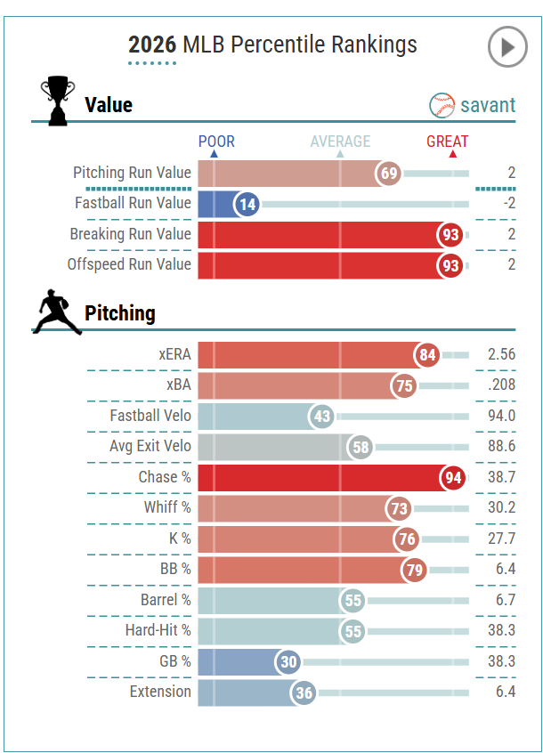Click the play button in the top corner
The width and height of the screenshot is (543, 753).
[x=507, y=47]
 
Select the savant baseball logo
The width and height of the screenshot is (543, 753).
[x=442, y=105]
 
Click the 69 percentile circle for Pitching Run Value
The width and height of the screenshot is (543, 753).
[x=389, y=174]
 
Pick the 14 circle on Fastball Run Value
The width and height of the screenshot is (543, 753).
[x=247, y=205]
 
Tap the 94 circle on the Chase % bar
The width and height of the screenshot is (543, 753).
[x=453, y=478]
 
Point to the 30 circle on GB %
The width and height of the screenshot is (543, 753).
[x=289, y=661]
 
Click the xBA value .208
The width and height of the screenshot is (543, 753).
[x=502, y=385]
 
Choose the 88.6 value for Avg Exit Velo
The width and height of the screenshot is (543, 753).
[x=501, y=446]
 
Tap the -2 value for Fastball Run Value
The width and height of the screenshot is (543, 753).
[x=507, y=203]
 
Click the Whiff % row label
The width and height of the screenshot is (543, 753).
[x=167, y=507]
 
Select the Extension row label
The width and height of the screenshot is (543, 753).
[x=160, y=692]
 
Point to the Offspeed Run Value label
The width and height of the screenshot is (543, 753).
[x=129, y=264]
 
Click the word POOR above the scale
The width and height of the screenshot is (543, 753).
[x=216, y=142]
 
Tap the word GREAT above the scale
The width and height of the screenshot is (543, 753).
[x=447, y=142]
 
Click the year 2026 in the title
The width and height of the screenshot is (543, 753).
[x=152, y=45]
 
